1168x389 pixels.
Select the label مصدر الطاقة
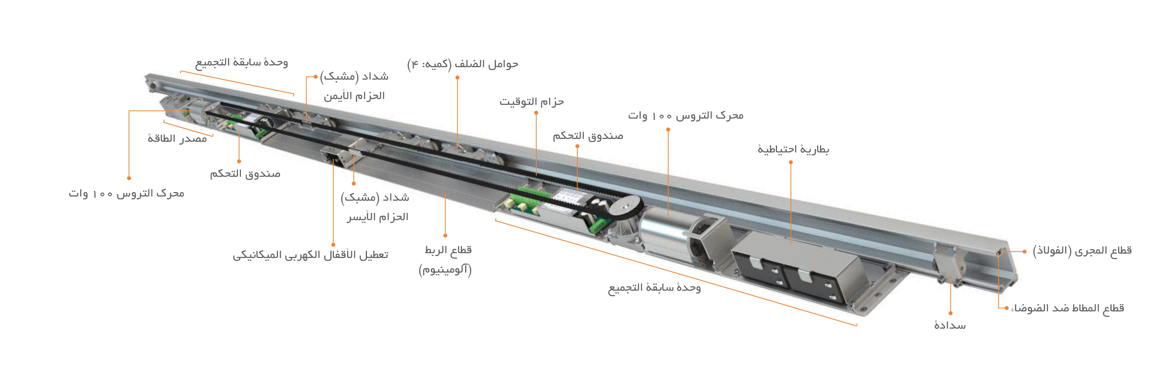coord(177,138)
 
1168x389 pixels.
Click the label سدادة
coord(950,325)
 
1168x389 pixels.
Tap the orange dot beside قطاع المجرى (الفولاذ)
coord(1024,251)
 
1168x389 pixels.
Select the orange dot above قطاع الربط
coord(445,236)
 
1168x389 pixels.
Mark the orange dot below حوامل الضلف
coord(457,77)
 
